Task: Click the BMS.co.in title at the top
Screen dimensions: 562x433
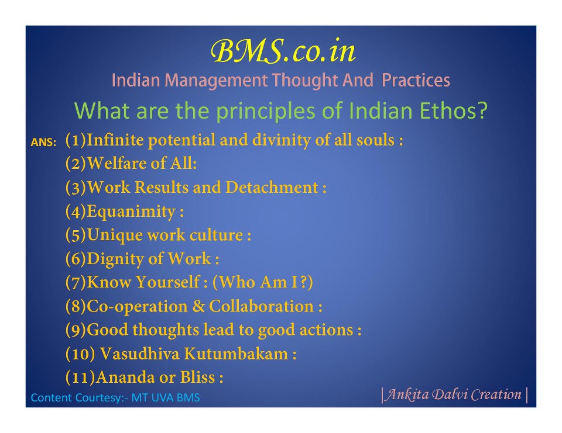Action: tap(283, 51)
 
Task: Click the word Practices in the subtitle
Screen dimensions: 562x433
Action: tap(416, 80)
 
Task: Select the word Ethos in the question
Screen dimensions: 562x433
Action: tap(453, 110)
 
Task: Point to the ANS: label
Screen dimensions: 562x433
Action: tap(43, 143)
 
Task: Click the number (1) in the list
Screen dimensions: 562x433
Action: tap(76, 140)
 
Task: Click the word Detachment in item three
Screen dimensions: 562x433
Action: tap(272, 187)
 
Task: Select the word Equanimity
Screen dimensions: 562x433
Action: tap(131, 211)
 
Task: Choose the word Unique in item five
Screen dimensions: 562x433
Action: tap(115, 235)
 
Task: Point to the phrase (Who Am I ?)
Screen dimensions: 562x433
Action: tap(263, 282)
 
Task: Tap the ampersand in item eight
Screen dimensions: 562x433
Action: tap(198, 306)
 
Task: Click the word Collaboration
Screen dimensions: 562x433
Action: tap(261, 306)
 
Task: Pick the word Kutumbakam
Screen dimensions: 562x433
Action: tap(236, 354)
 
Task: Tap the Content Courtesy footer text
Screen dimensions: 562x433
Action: tap(115, 397)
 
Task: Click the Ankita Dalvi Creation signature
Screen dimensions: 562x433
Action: tap(454, 394)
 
